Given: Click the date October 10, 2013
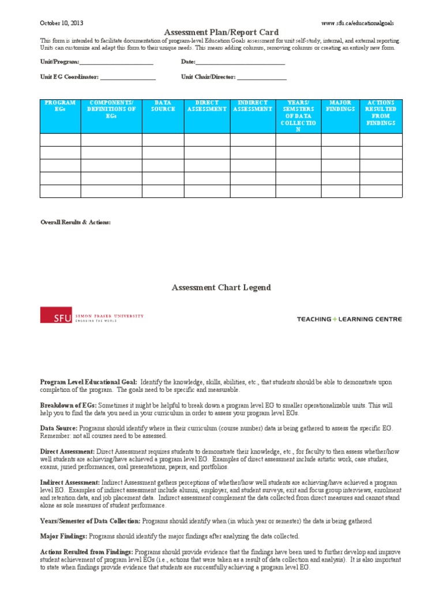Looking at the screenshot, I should [61, 23].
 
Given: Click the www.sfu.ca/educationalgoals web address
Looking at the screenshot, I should [361, 23].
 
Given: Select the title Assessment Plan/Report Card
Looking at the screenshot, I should [221, 32].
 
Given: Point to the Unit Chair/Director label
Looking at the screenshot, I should [208, 77].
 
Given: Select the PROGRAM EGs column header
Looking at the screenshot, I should [60, 106].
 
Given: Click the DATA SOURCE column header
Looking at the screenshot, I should [163, 106].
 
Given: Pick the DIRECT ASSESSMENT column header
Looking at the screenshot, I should [207, 106].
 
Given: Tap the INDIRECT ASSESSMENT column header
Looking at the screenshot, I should [253, 106].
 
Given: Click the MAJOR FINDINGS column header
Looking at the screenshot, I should [340, 106].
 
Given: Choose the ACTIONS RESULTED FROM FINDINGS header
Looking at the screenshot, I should [381, 113].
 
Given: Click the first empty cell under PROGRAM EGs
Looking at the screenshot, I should [60, 140].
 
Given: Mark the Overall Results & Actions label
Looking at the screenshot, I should [76, 222].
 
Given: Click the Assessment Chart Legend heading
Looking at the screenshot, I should [221, 287].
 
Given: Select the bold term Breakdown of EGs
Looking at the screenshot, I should [68, 406].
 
